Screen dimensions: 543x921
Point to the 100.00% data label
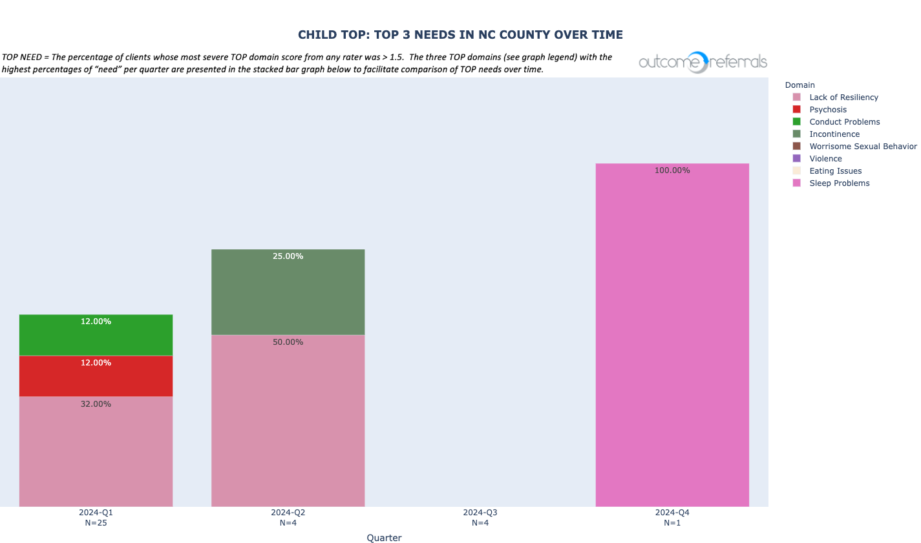coord(672,170)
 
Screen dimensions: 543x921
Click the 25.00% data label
coord(288,256)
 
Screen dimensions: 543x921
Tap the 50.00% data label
coord(288,342)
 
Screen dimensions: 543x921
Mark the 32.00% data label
coord(96,404)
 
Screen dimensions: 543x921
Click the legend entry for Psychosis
coord(827,110)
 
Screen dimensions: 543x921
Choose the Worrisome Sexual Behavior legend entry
coord(862,147)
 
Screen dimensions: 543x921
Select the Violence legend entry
coord(825,159)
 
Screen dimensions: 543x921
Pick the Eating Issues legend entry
coord(835,171)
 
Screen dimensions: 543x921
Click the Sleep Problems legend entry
coord(839,183)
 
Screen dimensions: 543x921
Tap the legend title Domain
coord(799,85)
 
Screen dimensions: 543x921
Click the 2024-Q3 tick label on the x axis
coord(480,513)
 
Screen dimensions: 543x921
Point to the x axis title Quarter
coord(384,538)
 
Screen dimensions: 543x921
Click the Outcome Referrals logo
coord(703,62)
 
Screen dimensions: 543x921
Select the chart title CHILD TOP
coord(460,35)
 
